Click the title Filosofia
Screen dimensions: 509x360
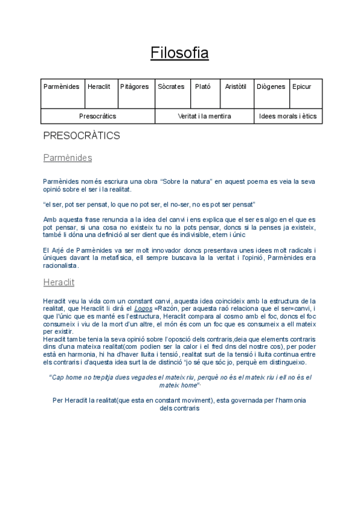(179, 53)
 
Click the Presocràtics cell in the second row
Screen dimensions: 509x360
(98, 116)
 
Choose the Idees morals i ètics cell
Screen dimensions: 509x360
(288, 116)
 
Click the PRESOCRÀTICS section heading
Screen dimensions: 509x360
(82, 136)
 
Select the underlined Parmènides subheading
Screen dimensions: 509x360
(67, 158)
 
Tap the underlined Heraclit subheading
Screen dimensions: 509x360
(59, 282)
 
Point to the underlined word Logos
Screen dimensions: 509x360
(143, 309)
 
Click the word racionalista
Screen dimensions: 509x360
(61, 266)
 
